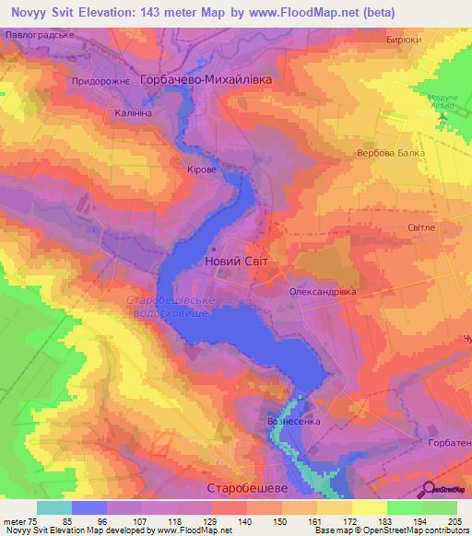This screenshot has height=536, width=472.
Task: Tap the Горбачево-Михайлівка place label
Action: coord(206,80)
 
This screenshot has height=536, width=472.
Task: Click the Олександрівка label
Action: coord(322,291)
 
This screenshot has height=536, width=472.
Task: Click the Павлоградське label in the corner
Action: coord(39,34)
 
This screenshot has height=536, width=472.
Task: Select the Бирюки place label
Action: coord(405,40)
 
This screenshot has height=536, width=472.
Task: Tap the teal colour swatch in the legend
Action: coord(54,507)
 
